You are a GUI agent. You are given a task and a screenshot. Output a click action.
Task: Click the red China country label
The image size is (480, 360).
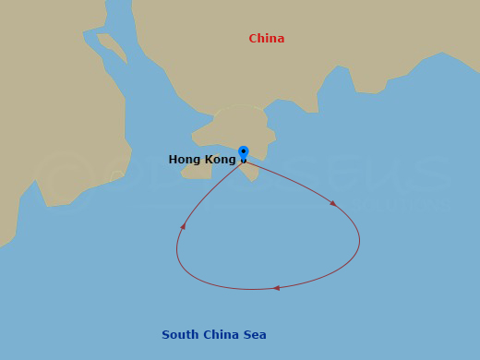[x=266, y=39]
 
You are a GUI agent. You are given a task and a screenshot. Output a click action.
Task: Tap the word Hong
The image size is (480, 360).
[x=185, y=160]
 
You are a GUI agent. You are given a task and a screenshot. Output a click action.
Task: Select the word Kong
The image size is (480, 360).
[x=221, y=160]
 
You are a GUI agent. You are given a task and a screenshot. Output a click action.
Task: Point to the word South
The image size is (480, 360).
[x=180, y=335]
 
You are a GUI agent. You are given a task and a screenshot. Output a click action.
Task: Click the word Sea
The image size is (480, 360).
[x=256, y=335]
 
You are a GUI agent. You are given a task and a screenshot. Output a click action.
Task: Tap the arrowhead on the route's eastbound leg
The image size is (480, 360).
[x=332, y=203]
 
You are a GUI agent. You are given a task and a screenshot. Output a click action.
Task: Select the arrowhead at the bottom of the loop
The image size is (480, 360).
[x=276, y=288]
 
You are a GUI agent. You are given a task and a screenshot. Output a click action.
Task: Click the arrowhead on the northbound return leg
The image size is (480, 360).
[x=183, y=225]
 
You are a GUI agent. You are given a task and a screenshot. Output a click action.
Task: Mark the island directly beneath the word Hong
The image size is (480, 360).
[x=197, y=171]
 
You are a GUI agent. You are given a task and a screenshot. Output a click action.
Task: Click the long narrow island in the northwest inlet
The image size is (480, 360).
[x=113, y=46]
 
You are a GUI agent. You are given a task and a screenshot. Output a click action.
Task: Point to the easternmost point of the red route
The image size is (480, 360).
[x=359, y=241]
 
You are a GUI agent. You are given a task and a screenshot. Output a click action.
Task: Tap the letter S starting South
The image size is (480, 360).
[x=166, y=335]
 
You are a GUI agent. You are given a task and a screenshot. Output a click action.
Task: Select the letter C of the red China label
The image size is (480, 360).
[x=253, y=39]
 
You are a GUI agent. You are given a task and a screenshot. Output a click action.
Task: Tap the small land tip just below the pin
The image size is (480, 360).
[x=250, y=173]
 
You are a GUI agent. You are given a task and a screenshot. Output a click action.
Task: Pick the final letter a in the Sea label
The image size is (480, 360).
[x=263, y=335]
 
